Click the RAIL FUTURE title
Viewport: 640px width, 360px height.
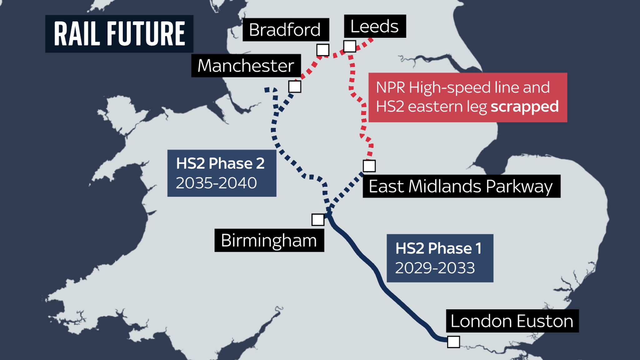tap(119, 33)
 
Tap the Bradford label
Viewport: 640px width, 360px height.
tap(285, 30)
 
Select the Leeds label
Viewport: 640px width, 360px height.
tap(374, 26)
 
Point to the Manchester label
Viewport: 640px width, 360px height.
tap(246, 66)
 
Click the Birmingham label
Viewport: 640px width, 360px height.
tap(269, 240)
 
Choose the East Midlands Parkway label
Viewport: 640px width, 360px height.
tap(461, 186)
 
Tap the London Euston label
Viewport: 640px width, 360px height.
tap(512, 321)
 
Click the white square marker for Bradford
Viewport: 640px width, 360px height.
tap(323, 50)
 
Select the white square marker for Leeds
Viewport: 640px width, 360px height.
tap(350, 46)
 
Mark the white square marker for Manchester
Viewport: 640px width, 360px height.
tap(295, 87)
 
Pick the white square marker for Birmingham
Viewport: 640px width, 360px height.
tap(318, 220)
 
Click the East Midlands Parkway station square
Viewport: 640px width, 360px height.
tap(369, 166)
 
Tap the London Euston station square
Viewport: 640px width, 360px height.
tap(453, 342)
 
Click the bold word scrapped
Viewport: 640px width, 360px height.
tap(524, 107)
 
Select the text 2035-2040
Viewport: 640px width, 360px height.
tap(216, 183)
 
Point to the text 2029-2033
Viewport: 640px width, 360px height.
tap(435, 268)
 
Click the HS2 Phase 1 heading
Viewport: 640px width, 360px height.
tap(438, 248)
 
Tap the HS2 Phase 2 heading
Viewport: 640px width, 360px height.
tap(220, 163)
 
